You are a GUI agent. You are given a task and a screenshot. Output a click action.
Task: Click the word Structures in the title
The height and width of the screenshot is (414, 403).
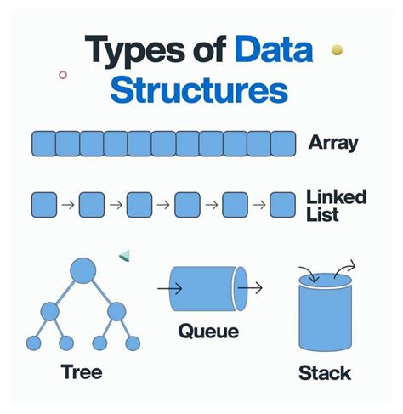201,91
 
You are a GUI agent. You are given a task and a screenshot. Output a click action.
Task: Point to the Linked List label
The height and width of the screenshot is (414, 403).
336,205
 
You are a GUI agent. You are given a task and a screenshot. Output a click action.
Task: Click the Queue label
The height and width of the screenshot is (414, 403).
207,332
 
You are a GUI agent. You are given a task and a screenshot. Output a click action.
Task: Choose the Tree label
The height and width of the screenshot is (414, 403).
82,371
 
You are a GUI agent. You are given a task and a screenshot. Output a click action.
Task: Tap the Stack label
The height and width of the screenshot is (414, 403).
324,372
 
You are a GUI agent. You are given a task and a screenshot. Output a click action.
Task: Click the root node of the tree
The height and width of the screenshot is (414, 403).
82,271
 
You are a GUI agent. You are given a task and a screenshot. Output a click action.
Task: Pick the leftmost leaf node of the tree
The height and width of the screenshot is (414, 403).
34,343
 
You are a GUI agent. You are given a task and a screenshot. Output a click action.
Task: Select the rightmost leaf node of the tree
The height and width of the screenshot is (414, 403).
132,343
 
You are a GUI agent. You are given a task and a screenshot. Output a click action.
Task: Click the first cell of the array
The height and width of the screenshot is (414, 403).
43,143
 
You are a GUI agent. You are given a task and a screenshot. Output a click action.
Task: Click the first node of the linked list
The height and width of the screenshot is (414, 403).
43,205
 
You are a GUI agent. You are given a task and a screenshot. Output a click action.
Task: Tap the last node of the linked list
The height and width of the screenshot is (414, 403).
282,205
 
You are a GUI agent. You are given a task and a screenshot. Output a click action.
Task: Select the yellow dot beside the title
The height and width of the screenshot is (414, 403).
337,50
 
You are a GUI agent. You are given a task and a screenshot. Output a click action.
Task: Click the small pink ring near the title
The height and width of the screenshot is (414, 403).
63,75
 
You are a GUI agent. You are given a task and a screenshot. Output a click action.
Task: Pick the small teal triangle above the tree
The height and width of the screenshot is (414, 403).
124,254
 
